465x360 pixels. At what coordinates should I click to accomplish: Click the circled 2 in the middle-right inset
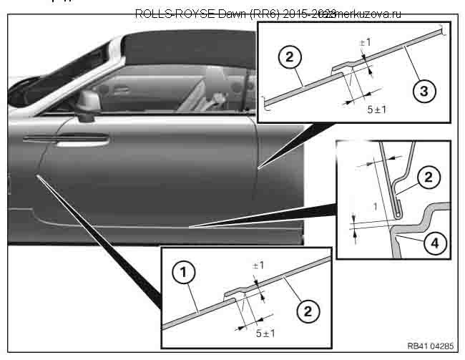pyautogui.click(x=429, y=177)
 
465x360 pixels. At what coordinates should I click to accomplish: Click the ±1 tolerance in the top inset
pyautogui.click(x=364, y=42)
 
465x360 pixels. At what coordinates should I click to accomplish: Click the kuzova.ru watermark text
pyautogui.click(x=365, y=14)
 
